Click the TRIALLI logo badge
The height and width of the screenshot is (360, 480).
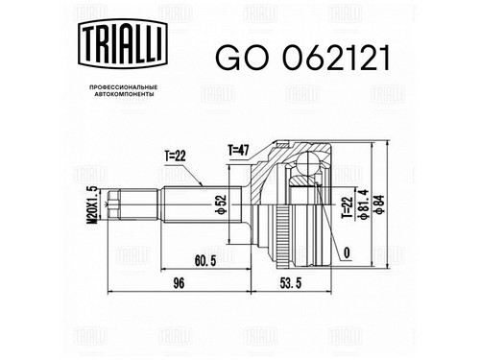123,44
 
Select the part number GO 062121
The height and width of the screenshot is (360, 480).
302,58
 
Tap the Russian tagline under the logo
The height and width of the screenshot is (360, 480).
123,90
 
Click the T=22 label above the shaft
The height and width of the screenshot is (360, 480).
176,156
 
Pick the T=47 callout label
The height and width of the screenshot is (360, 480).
238,150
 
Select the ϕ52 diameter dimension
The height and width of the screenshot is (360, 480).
222,204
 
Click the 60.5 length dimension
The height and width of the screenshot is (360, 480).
205,261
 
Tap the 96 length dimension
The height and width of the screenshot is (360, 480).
179,283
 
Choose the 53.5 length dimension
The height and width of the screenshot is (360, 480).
290,283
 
